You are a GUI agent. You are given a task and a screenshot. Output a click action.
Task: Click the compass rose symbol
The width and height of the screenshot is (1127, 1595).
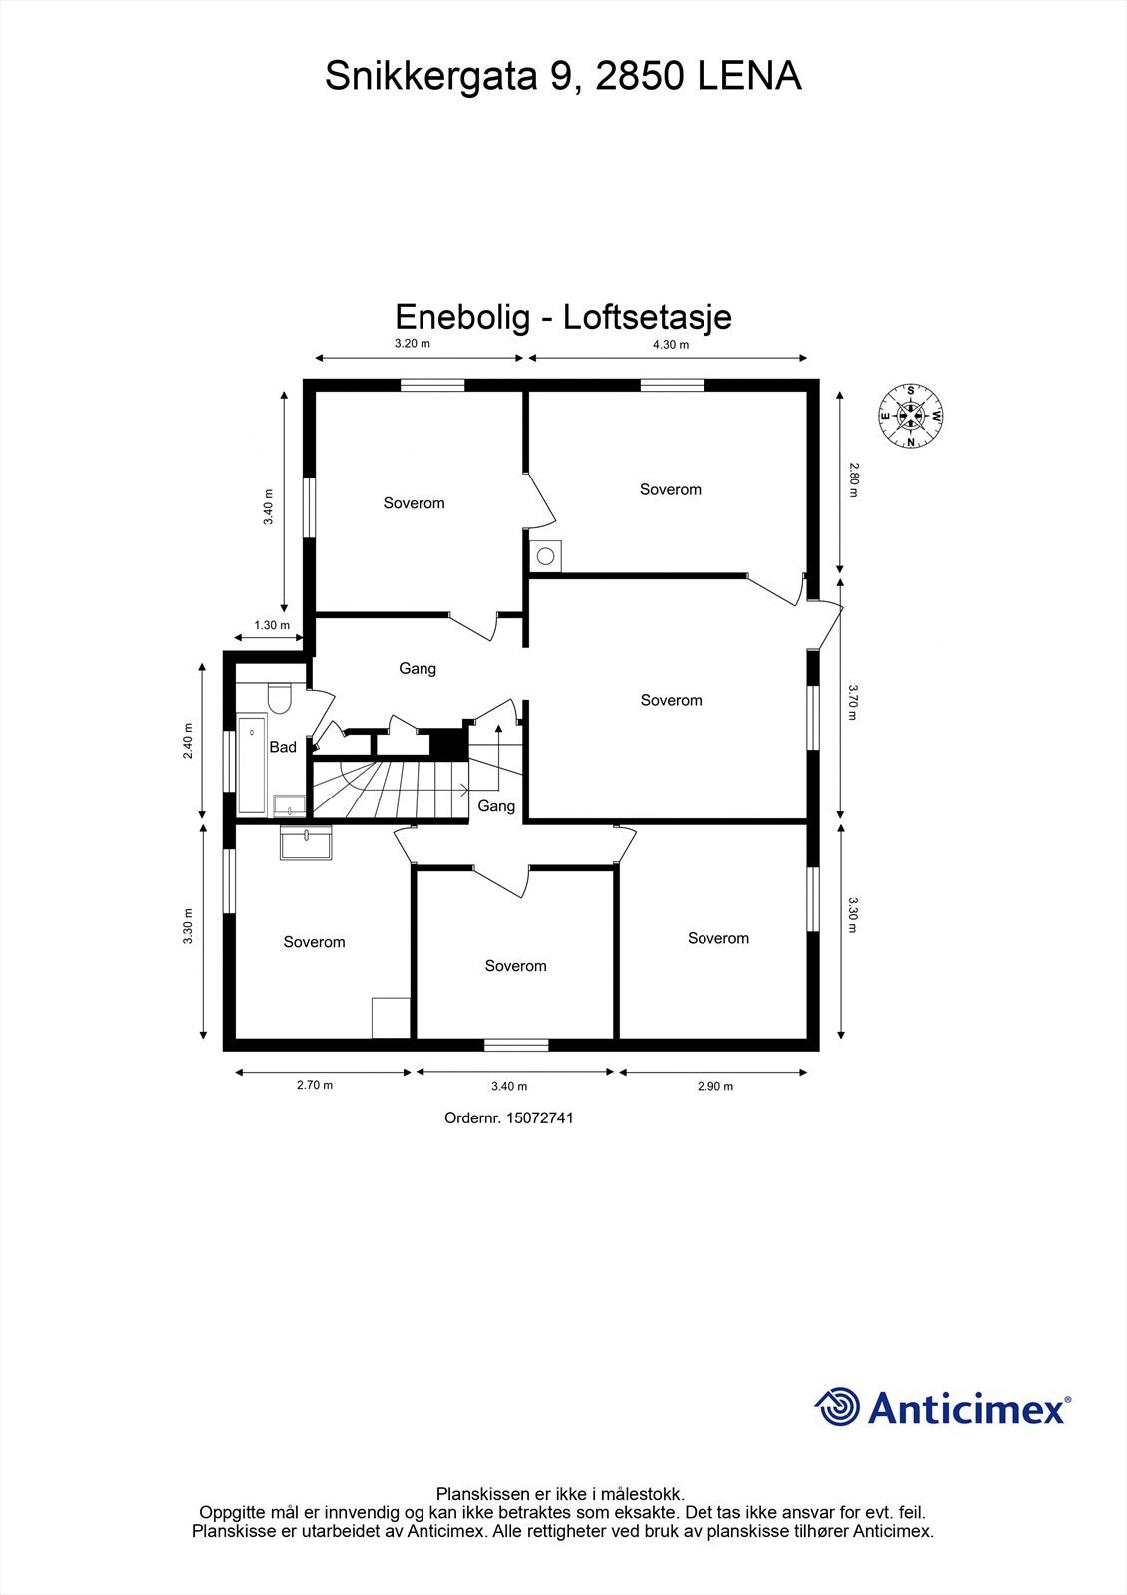click(x=911, y=416)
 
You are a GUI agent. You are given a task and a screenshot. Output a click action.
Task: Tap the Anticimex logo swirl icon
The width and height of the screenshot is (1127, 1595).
click(x=838, y=1407)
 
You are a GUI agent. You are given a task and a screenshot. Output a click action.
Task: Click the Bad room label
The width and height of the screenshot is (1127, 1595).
click(x=283, y=747)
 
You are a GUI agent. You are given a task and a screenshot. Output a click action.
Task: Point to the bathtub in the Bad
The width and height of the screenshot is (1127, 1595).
click(x=252, y=765)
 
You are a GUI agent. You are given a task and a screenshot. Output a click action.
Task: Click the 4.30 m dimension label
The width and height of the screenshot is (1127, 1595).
click(x=670, y=345)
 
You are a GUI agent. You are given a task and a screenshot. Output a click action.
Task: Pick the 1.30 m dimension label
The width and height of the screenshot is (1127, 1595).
click(x=271, y=626)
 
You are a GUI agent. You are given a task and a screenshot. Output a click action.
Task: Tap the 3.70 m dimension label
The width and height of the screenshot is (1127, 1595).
click(x=853, y=700)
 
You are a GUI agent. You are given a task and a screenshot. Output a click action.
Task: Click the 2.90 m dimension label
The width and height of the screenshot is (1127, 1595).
click(x=714, y=1087)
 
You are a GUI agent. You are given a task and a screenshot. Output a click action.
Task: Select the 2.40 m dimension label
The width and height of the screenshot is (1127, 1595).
click(x=188, y=741)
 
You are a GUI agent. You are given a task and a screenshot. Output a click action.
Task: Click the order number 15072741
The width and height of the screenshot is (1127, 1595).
click(x=539, y=1118)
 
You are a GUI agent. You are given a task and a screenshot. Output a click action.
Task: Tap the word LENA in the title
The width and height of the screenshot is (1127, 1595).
click(x=748, y=77)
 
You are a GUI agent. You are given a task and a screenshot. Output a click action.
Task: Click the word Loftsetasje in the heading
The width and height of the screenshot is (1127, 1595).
click(x=648, y=317)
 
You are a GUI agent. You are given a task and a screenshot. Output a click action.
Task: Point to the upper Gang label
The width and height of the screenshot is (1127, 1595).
click(x=418, y=669)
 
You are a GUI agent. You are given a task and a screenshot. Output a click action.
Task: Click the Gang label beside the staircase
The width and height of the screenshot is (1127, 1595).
click(x=496, y=806)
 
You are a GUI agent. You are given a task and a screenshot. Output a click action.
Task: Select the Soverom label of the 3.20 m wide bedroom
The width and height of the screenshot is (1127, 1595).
click(x=414, y=503)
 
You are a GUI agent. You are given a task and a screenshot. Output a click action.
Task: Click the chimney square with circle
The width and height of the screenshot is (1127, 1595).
click(x=546, y=555)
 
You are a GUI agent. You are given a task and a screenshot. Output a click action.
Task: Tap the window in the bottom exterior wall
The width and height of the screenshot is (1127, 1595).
click(x=516, y=1045)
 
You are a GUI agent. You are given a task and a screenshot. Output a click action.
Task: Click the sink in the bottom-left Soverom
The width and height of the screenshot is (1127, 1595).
click(x=307, y=844)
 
